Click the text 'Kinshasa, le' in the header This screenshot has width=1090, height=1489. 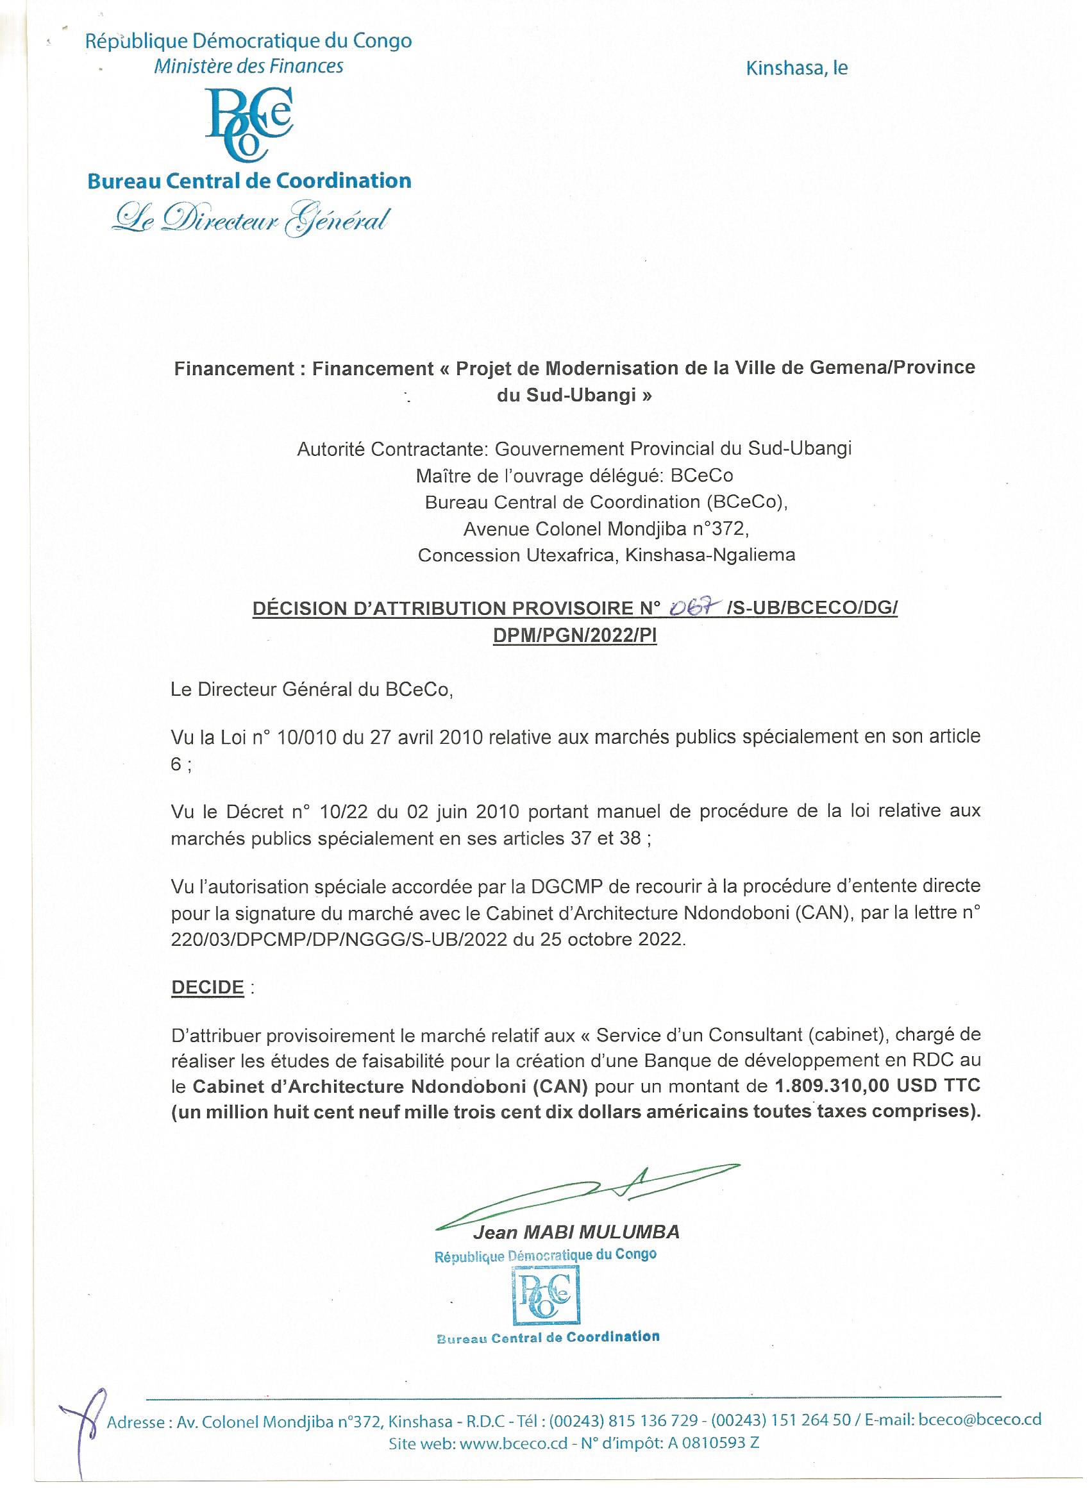point(796,69)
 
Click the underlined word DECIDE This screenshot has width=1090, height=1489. point(208,987)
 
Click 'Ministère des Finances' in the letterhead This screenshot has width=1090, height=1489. point(249,66)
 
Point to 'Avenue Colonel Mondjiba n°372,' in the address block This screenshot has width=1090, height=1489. point(607,528)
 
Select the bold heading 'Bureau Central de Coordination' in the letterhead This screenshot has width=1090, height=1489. point(249,181)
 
